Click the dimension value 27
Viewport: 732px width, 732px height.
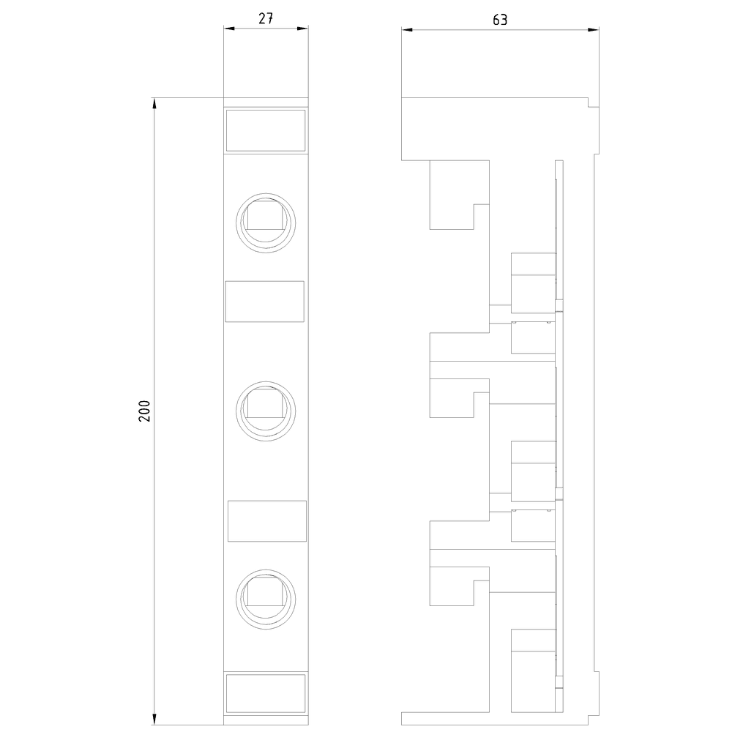266,18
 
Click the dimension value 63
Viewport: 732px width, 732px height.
499,20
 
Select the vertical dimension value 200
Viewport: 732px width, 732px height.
144,411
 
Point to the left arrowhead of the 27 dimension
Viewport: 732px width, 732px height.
229,29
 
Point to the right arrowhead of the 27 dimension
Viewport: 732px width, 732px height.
302,29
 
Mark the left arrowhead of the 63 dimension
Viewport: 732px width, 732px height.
407,30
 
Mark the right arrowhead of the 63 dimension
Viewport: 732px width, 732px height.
594,30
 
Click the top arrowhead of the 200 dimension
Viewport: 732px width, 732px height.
154,104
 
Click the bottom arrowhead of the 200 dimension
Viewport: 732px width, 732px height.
154,719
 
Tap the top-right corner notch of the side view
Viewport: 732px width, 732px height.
594,102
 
